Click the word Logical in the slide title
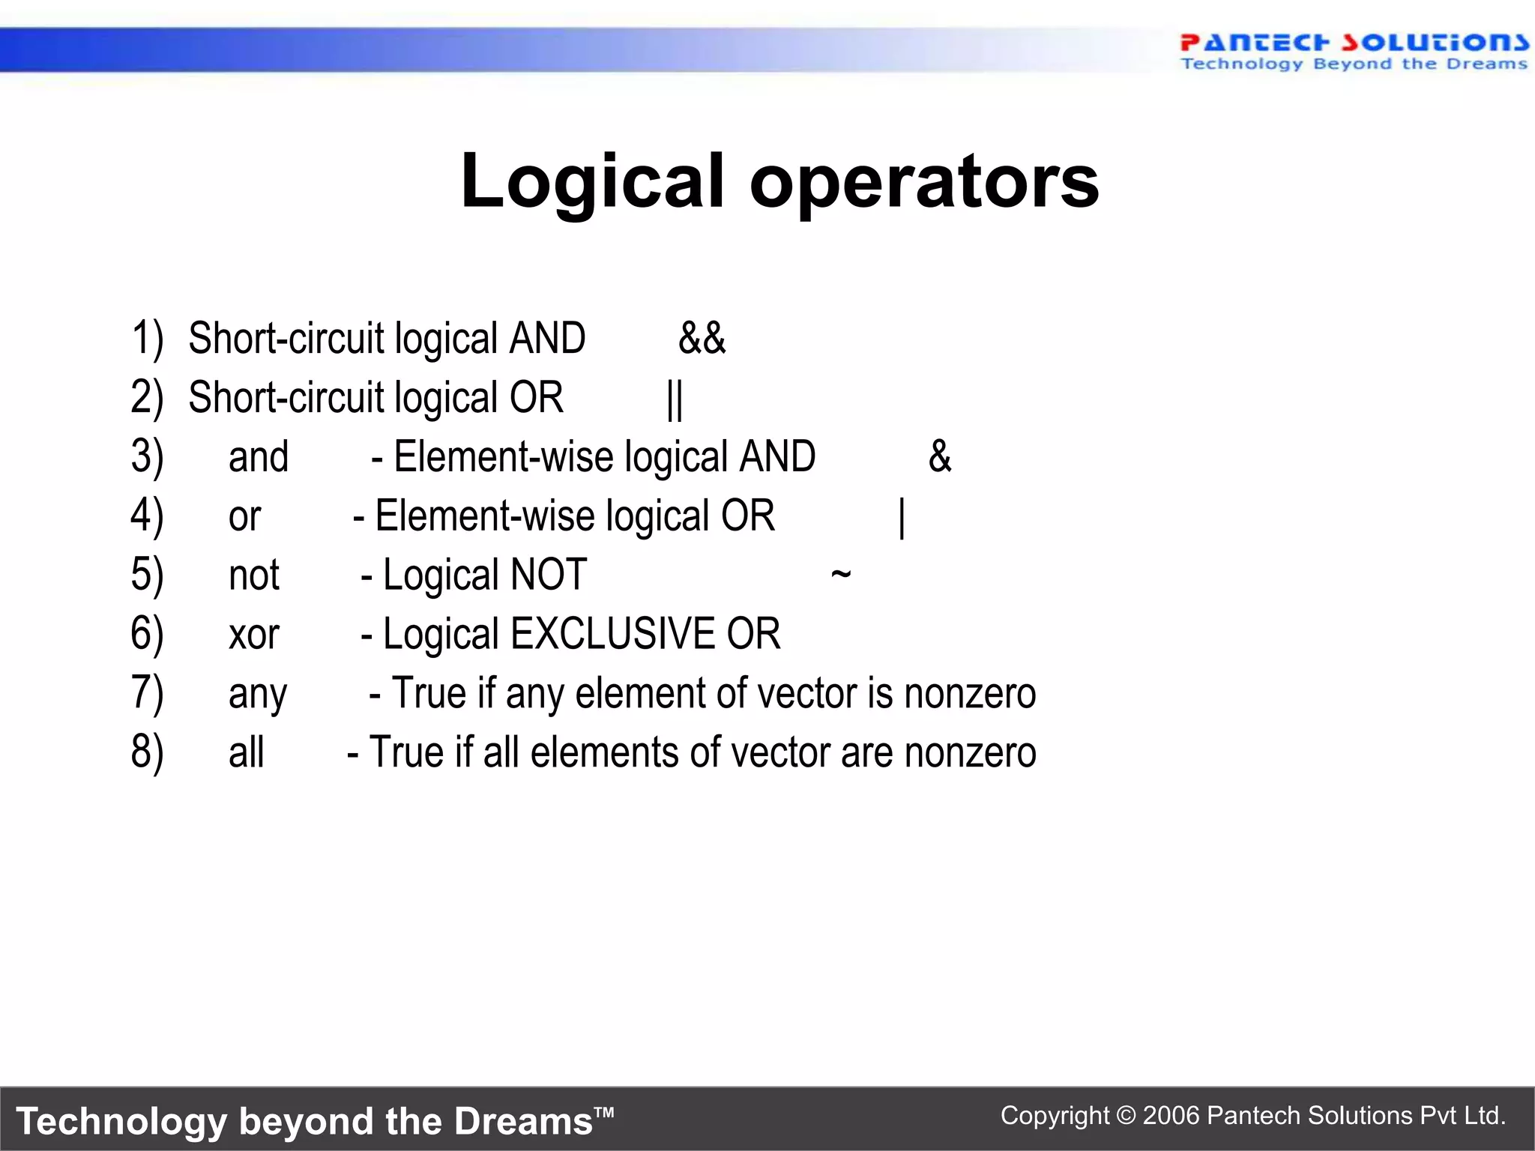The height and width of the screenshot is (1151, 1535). (592, 182)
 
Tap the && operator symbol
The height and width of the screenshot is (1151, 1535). (702, 338)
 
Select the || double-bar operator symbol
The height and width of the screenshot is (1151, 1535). (675, 399)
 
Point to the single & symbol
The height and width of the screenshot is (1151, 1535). (940, 456)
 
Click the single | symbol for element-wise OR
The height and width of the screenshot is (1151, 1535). (902, 517)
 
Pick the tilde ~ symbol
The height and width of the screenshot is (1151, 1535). (841, 574)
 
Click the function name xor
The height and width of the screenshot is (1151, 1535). (253, 635)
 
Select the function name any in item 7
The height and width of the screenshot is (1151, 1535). (257, 695)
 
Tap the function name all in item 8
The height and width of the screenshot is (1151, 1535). (246, 752)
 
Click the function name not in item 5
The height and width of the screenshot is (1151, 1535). (253, 575)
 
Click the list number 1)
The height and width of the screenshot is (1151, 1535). (147, 338)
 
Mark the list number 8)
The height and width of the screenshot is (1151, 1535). (147, 752)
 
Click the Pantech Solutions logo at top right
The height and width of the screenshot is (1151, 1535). (1353, 51)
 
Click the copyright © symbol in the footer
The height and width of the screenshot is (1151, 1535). (1126, 1116)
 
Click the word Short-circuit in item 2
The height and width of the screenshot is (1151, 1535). (286, 398)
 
